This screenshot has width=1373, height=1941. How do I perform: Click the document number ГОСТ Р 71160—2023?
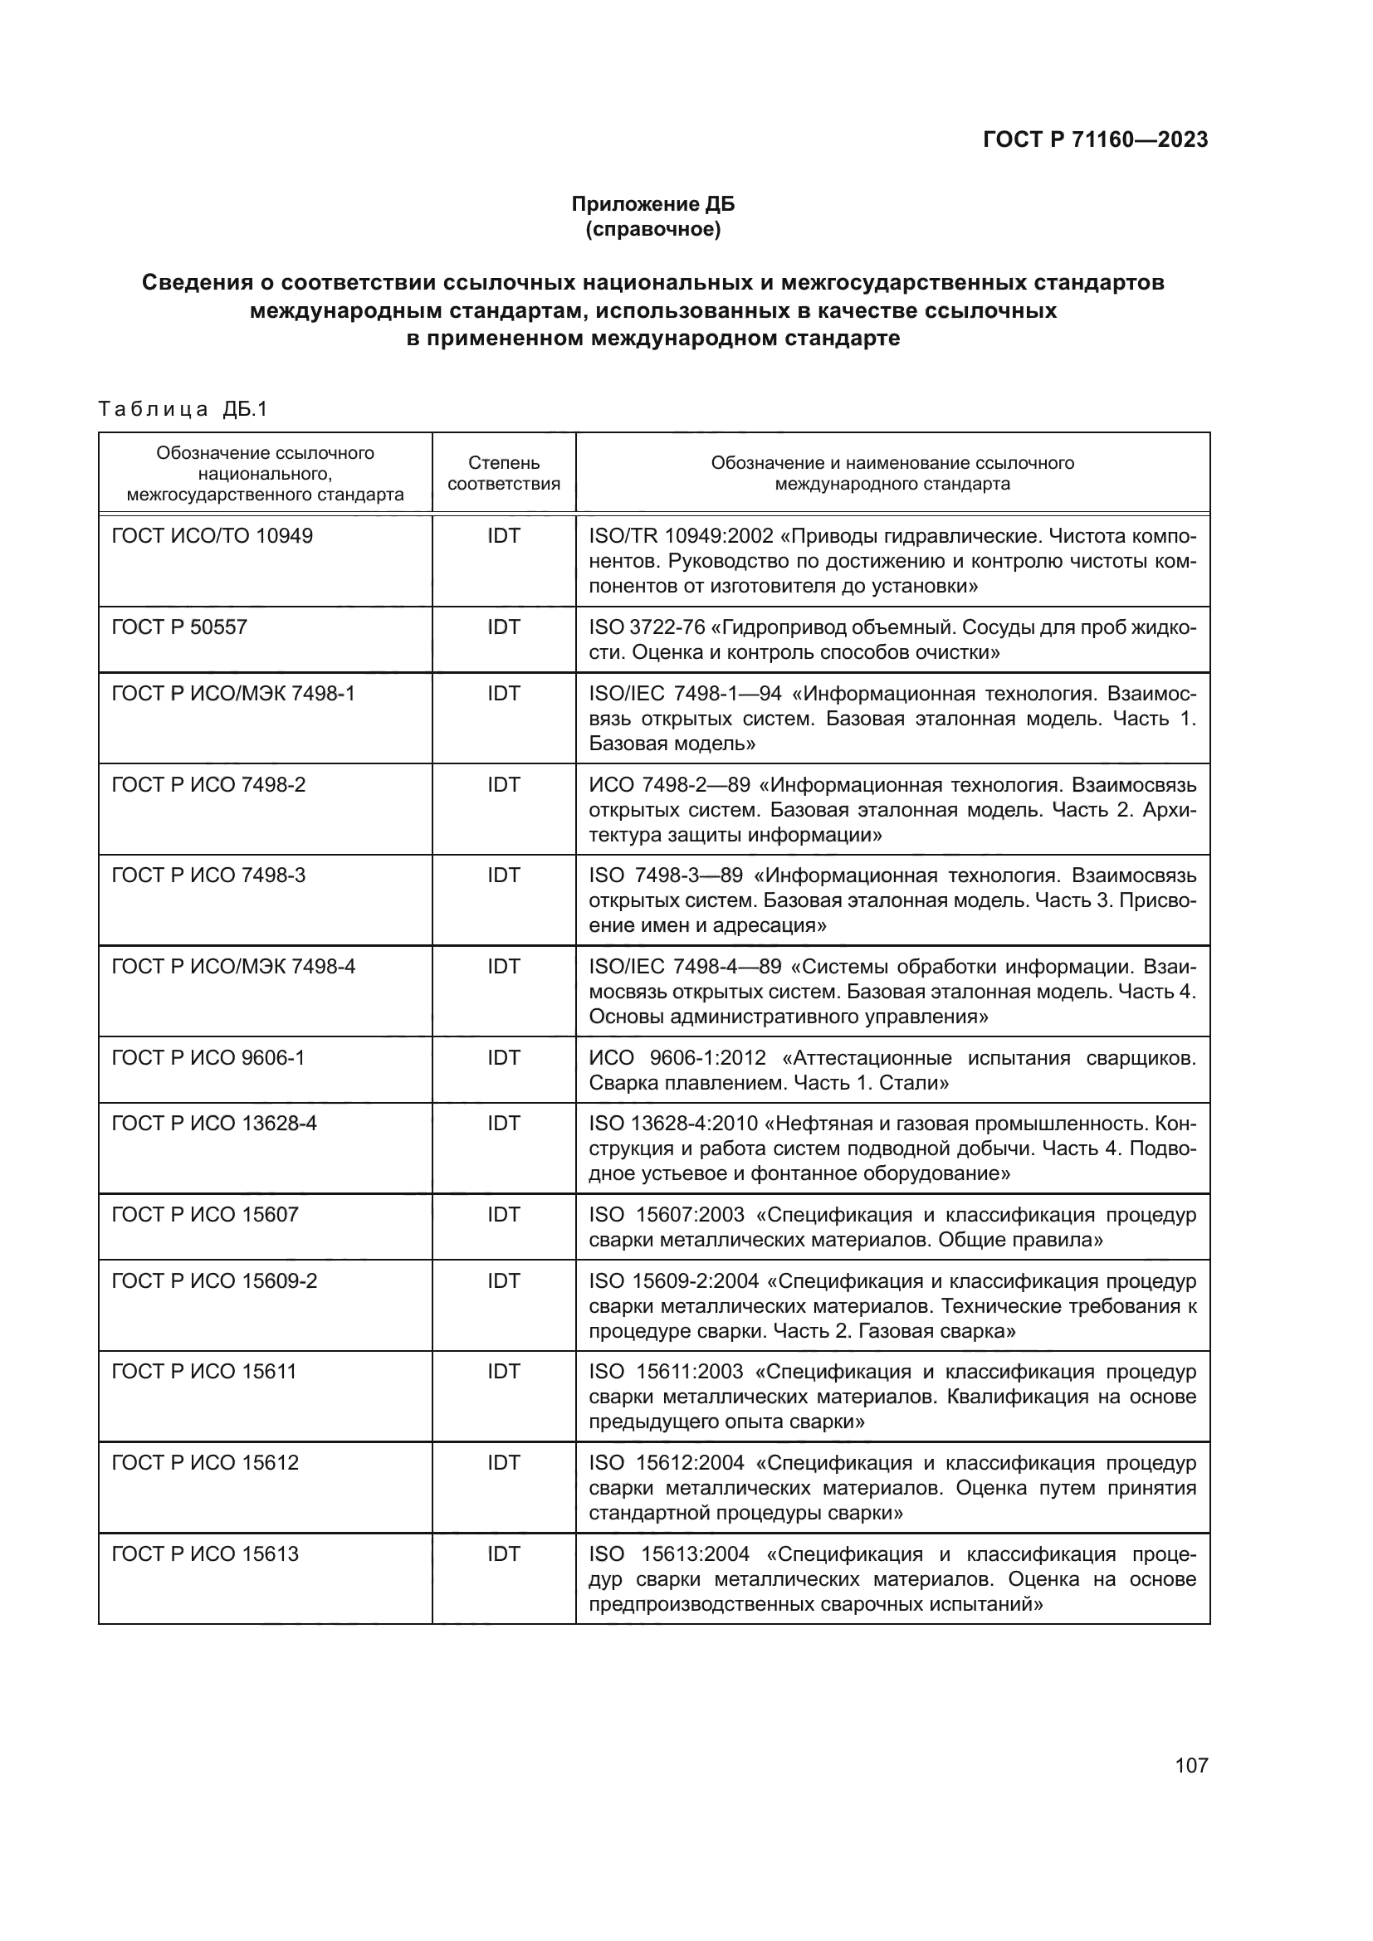pos(1095,139)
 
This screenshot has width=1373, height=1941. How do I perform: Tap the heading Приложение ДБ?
pos(652,204)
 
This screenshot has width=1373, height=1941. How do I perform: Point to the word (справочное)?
pos(652,229)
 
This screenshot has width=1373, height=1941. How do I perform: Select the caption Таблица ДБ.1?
pos(183,409)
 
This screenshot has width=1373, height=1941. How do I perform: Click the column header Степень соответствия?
pos(504,473)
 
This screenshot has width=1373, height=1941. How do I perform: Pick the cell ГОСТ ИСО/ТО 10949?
pos(213,536)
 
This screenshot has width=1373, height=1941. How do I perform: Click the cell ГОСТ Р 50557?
pos(179,627)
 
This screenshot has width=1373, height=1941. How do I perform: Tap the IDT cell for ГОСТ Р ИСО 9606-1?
pos(504,1057)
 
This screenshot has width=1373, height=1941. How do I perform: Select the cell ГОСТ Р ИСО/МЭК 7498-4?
pos(233,966)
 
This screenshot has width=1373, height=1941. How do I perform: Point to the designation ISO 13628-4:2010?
pos(673,1124)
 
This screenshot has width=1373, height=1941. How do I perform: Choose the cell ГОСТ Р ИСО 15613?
pos(205,1553)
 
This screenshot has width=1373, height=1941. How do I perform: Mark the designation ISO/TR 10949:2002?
pos(682,536)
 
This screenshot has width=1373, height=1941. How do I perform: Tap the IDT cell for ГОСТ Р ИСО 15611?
pos(504,1372)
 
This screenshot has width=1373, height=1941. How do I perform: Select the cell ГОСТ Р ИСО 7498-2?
pos(209,784)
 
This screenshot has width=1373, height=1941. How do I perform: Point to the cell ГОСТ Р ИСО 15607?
pos(205,1215)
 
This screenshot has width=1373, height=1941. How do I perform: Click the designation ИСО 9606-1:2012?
pos(677,1057)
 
